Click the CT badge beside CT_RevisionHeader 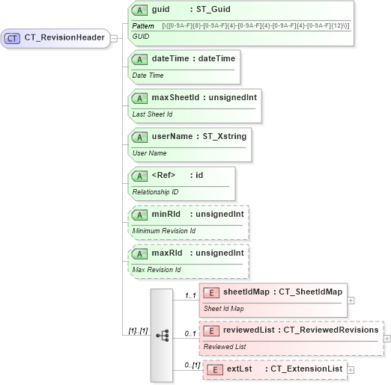(13, 38)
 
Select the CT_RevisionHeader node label (64, 38)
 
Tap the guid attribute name (160, 10)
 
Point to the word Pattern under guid (143, 26)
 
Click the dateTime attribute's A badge (139, 58)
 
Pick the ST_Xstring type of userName (223, 136)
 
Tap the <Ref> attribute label (163, 175)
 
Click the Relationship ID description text (156, 192)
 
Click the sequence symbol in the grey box (163, 335)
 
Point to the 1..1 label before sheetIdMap (190, 296)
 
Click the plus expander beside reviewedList (387, 339)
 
